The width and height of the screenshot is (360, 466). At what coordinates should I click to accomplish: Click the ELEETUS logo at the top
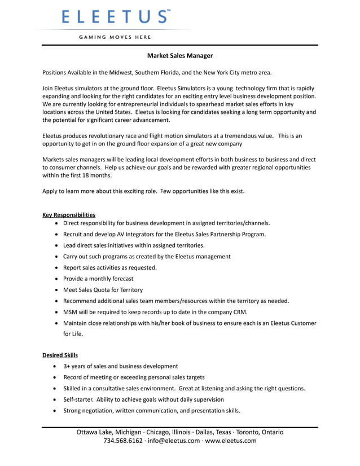point(116,16)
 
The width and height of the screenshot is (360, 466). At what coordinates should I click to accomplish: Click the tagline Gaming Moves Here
point(115,37)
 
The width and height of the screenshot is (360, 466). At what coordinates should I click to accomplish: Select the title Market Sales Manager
point(180,56)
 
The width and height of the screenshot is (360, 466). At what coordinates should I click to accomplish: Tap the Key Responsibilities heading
point(69,214)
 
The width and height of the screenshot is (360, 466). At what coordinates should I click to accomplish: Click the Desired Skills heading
point(60,355)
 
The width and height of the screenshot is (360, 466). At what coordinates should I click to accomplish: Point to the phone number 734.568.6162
point(123,441)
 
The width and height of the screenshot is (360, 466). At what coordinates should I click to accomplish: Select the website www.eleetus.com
point(231,441)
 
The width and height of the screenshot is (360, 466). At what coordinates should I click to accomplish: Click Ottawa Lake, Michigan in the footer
point(109,432)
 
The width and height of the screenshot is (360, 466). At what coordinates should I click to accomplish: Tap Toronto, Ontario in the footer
point(260,432)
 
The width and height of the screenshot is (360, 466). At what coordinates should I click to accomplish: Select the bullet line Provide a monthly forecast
point(98,279)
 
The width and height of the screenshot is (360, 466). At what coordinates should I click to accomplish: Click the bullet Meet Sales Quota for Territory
point(103,289)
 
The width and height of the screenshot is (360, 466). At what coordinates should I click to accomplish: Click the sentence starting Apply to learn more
point(143,191)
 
